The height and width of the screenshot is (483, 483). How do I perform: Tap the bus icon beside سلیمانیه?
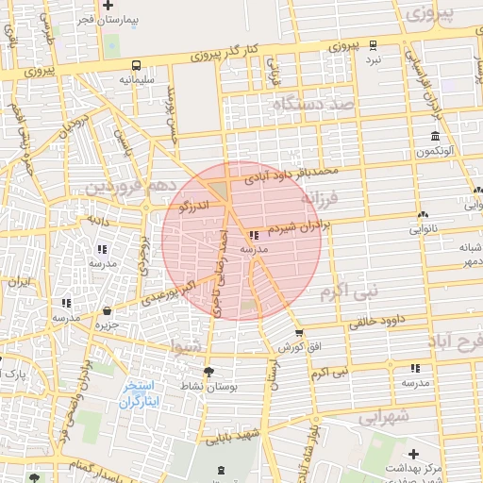click(138, 66)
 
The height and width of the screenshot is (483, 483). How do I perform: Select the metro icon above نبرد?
click(374, 44)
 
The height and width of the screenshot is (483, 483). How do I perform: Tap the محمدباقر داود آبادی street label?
click(291, 173)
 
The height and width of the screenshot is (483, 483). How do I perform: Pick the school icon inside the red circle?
click(254, 235)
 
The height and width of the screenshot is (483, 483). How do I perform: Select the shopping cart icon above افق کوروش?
click(299, 333)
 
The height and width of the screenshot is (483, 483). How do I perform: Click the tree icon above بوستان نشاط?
click(208, 372)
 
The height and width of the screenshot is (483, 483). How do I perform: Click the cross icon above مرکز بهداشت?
click(412, 455)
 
